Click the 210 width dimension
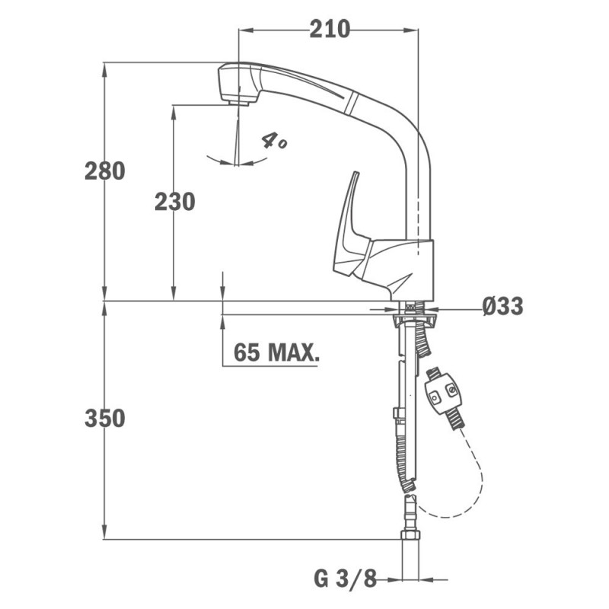[330, 29]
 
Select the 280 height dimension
[105, 171]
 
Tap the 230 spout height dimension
[175, 202]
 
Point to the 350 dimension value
[105, 418]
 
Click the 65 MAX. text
[276, 352]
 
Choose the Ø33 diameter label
[503, 306]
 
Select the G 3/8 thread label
[346, 580]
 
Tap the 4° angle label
[274, 141]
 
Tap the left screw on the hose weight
[434, 397]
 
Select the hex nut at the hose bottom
[410, 535]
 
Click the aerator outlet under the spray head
[238, 103]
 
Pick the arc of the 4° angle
[237, 162]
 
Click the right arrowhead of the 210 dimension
[411, 30]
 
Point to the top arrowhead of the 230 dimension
[174, 113]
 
